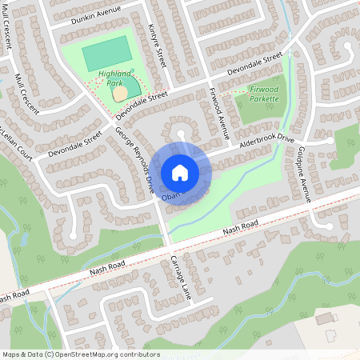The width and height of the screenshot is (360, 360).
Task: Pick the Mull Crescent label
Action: point(26,94)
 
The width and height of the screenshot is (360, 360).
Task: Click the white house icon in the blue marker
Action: point(180,172)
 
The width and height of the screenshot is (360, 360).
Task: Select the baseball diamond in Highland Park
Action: point(121,93)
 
